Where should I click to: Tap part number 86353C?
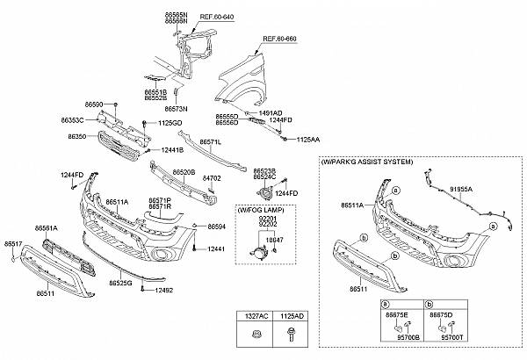[x=73, y=118]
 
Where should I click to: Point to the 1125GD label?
[x=170, y=123]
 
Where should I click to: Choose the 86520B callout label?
[x=183, y=173]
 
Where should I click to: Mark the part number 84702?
[x=212, y=178]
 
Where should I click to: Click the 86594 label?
[x=217, y=227]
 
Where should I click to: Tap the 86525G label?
[x=120, y=284]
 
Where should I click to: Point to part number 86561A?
[x=47, y=227]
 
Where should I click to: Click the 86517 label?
[x=14, y=241]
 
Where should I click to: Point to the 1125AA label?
[x=307, y=139]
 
